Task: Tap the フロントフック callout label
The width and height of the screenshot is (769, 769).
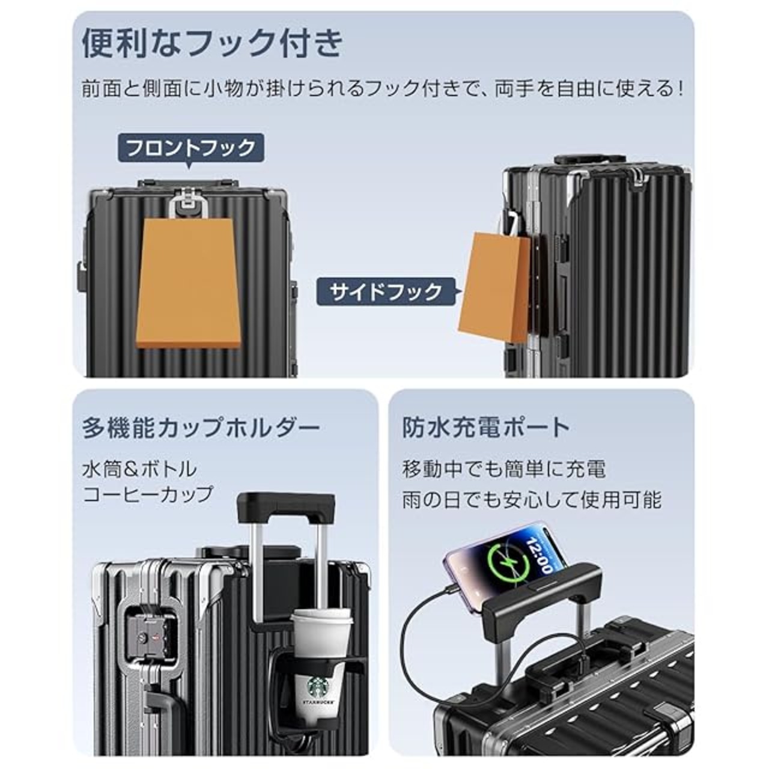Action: coord(191,147)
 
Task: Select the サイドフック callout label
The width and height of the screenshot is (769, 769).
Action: coord(385,292)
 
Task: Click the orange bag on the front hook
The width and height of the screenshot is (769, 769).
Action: coord(190,282)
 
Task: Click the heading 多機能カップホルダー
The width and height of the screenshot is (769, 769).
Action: coord(201,428)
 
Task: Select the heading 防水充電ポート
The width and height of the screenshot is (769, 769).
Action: coord(485,427)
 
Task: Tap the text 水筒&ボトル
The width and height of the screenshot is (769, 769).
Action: coord(139,469)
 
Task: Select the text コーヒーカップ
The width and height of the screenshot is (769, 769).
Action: coord(148,494)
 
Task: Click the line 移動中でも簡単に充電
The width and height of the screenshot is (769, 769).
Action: coord(503,469)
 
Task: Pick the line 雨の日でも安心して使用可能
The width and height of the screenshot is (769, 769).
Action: coord(531,499)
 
